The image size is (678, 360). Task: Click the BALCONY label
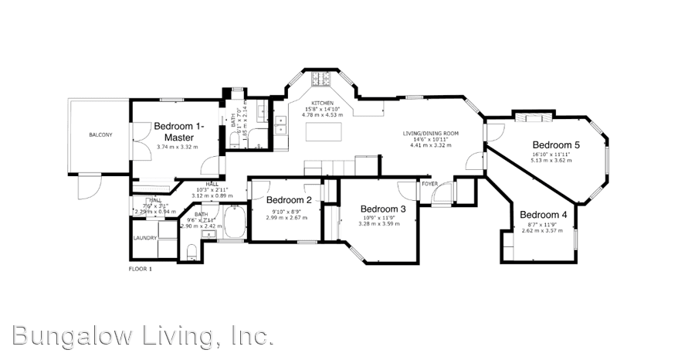pos(100,135)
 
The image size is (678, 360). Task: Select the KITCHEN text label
pos(322,104)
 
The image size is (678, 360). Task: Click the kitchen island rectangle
pos(323,133)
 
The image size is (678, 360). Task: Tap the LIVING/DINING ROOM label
pos(430,133)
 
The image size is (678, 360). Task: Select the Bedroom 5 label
pos(555,144)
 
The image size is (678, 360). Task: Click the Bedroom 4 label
pos(543,214)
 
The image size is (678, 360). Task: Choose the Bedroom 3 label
pos(383,209)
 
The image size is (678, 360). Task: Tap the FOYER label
pos(429,184)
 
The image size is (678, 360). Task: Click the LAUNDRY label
pos(144,238)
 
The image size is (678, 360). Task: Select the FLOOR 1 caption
pos(140,269)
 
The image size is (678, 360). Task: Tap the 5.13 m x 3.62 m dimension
pos(554,160)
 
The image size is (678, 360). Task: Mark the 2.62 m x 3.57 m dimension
pos(542,230)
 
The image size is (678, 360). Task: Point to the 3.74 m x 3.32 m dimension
pos(178,147)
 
